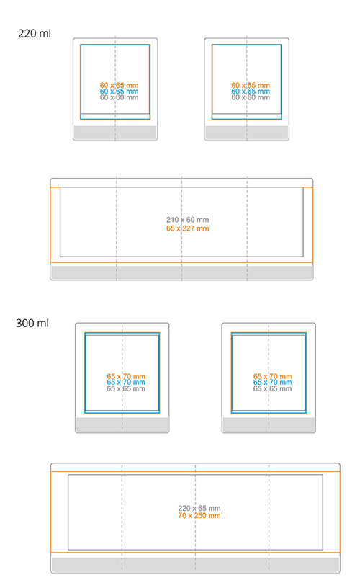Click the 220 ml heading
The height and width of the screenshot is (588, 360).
point(35,34)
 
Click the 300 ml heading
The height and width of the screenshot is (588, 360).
point(32,324)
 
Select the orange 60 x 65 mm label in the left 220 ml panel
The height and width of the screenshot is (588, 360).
point(119,86)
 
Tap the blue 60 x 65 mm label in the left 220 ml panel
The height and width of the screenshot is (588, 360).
point(119,92)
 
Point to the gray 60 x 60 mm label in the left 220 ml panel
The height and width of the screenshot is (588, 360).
point(119,97)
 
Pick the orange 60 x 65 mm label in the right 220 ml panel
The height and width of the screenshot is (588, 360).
point(251,86)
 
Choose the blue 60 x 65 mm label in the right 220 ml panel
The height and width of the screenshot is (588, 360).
point(251,92)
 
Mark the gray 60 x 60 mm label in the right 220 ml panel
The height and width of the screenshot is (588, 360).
point(251,97)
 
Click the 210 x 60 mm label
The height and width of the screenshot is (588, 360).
point(188,220)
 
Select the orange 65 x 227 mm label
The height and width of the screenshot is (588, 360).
point(188,228)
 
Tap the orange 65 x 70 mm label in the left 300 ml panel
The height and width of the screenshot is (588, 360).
point(126,376)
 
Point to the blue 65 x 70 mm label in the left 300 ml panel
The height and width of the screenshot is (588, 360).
point(126,383)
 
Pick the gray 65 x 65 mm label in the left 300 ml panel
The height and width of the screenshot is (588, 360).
point(126,389)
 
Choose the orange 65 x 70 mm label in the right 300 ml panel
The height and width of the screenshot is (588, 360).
point(272,376)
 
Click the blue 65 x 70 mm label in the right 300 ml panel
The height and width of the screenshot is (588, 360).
point(272,383)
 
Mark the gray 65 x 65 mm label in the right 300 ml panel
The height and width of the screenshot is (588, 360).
point(272,389)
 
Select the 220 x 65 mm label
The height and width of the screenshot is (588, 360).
point(199,509)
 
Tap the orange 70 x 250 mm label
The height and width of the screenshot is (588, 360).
point(199,516)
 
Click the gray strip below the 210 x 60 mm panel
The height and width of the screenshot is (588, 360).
point(181,272)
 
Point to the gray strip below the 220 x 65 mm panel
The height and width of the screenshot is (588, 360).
point(196,565)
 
